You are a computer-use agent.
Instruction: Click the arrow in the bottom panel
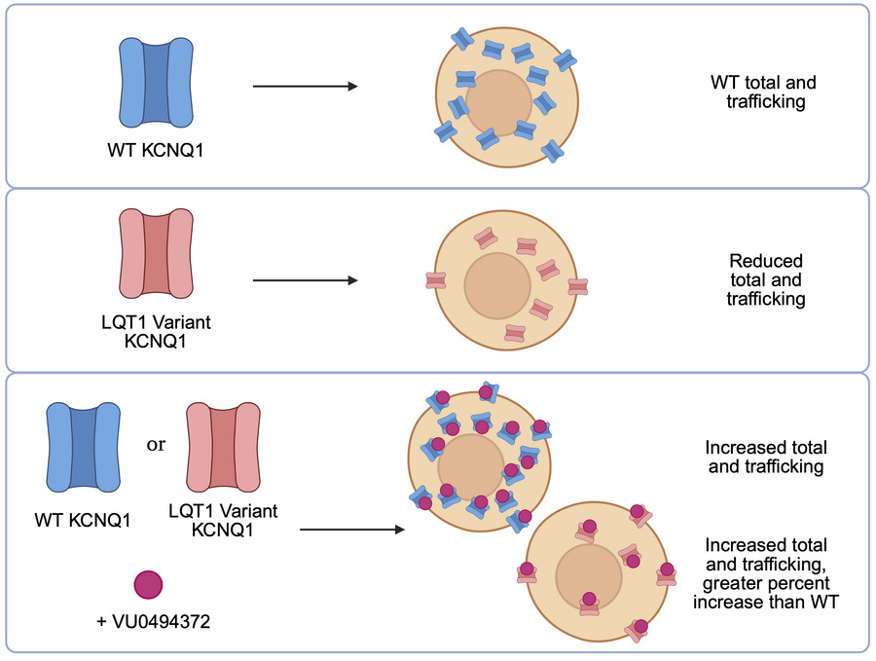tap(351, 531)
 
